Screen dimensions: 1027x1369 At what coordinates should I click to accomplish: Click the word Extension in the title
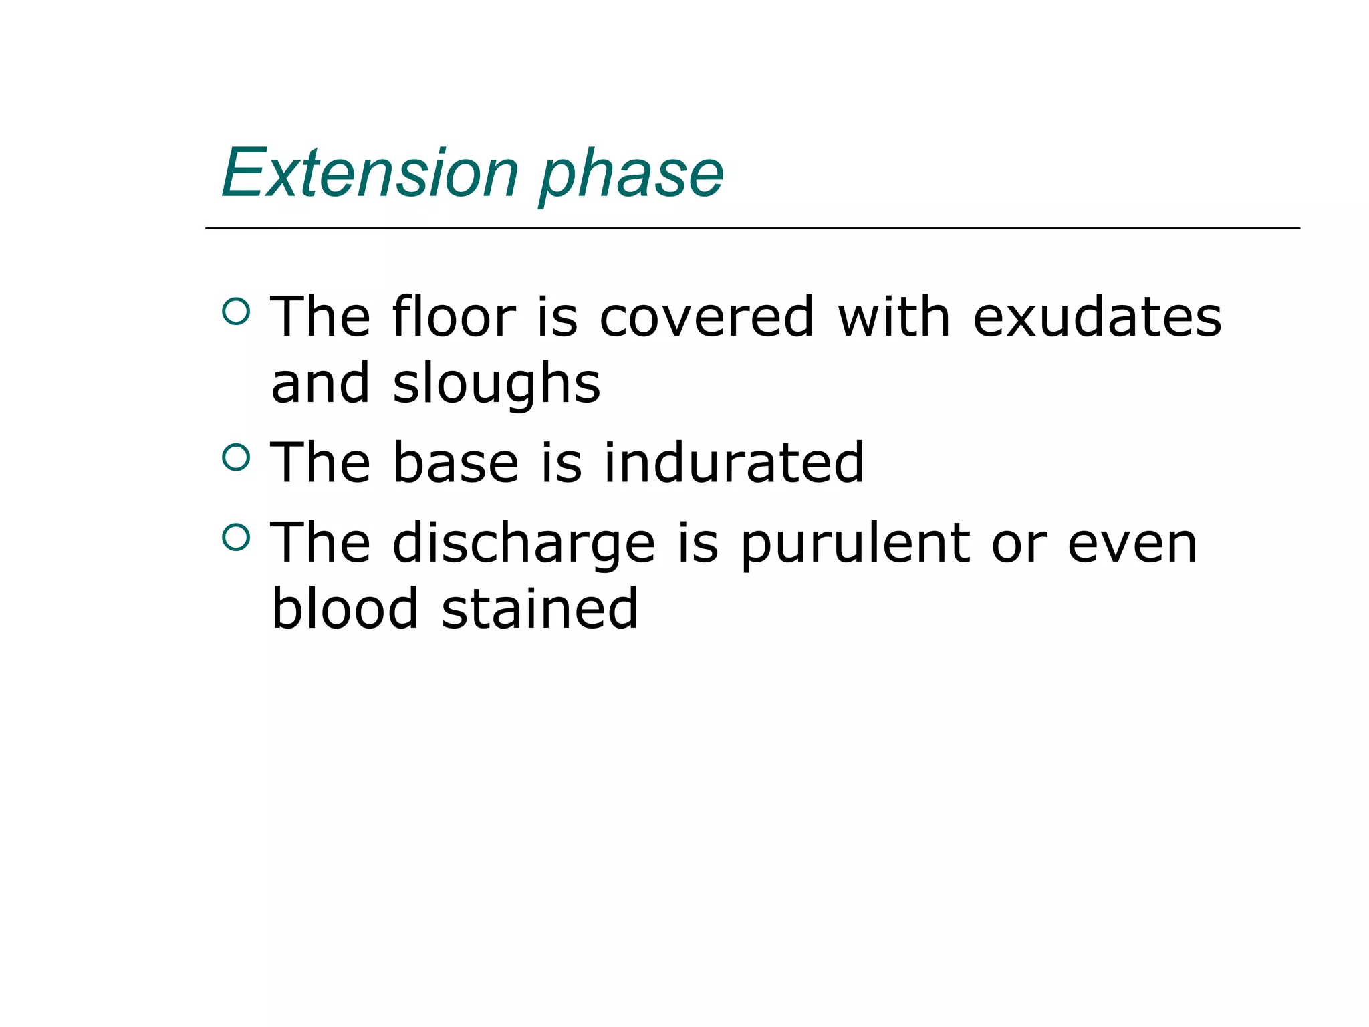point(370,173)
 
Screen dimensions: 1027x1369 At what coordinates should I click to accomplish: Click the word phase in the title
point(631,175)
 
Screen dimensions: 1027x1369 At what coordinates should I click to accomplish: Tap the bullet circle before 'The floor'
point(235,310)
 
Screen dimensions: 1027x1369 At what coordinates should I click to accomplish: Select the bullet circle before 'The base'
point(235,457)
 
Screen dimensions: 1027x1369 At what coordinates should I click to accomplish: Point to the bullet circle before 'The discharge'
point(235,537)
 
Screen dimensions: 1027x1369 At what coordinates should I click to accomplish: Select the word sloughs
point(497,384)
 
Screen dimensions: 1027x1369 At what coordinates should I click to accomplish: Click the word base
point(455,463)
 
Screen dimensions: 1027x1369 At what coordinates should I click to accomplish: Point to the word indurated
point(734,463)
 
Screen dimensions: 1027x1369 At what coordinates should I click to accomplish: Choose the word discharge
point(523,544)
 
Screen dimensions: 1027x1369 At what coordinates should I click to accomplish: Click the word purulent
point(856,544)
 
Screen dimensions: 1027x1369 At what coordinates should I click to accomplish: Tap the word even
point(1132,544)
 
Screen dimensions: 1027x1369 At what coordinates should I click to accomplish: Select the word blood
point(345,608)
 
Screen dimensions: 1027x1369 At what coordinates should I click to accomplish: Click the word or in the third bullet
point(1019,544)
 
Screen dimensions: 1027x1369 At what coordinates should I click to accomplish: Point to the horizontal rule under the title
point(752,229)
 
